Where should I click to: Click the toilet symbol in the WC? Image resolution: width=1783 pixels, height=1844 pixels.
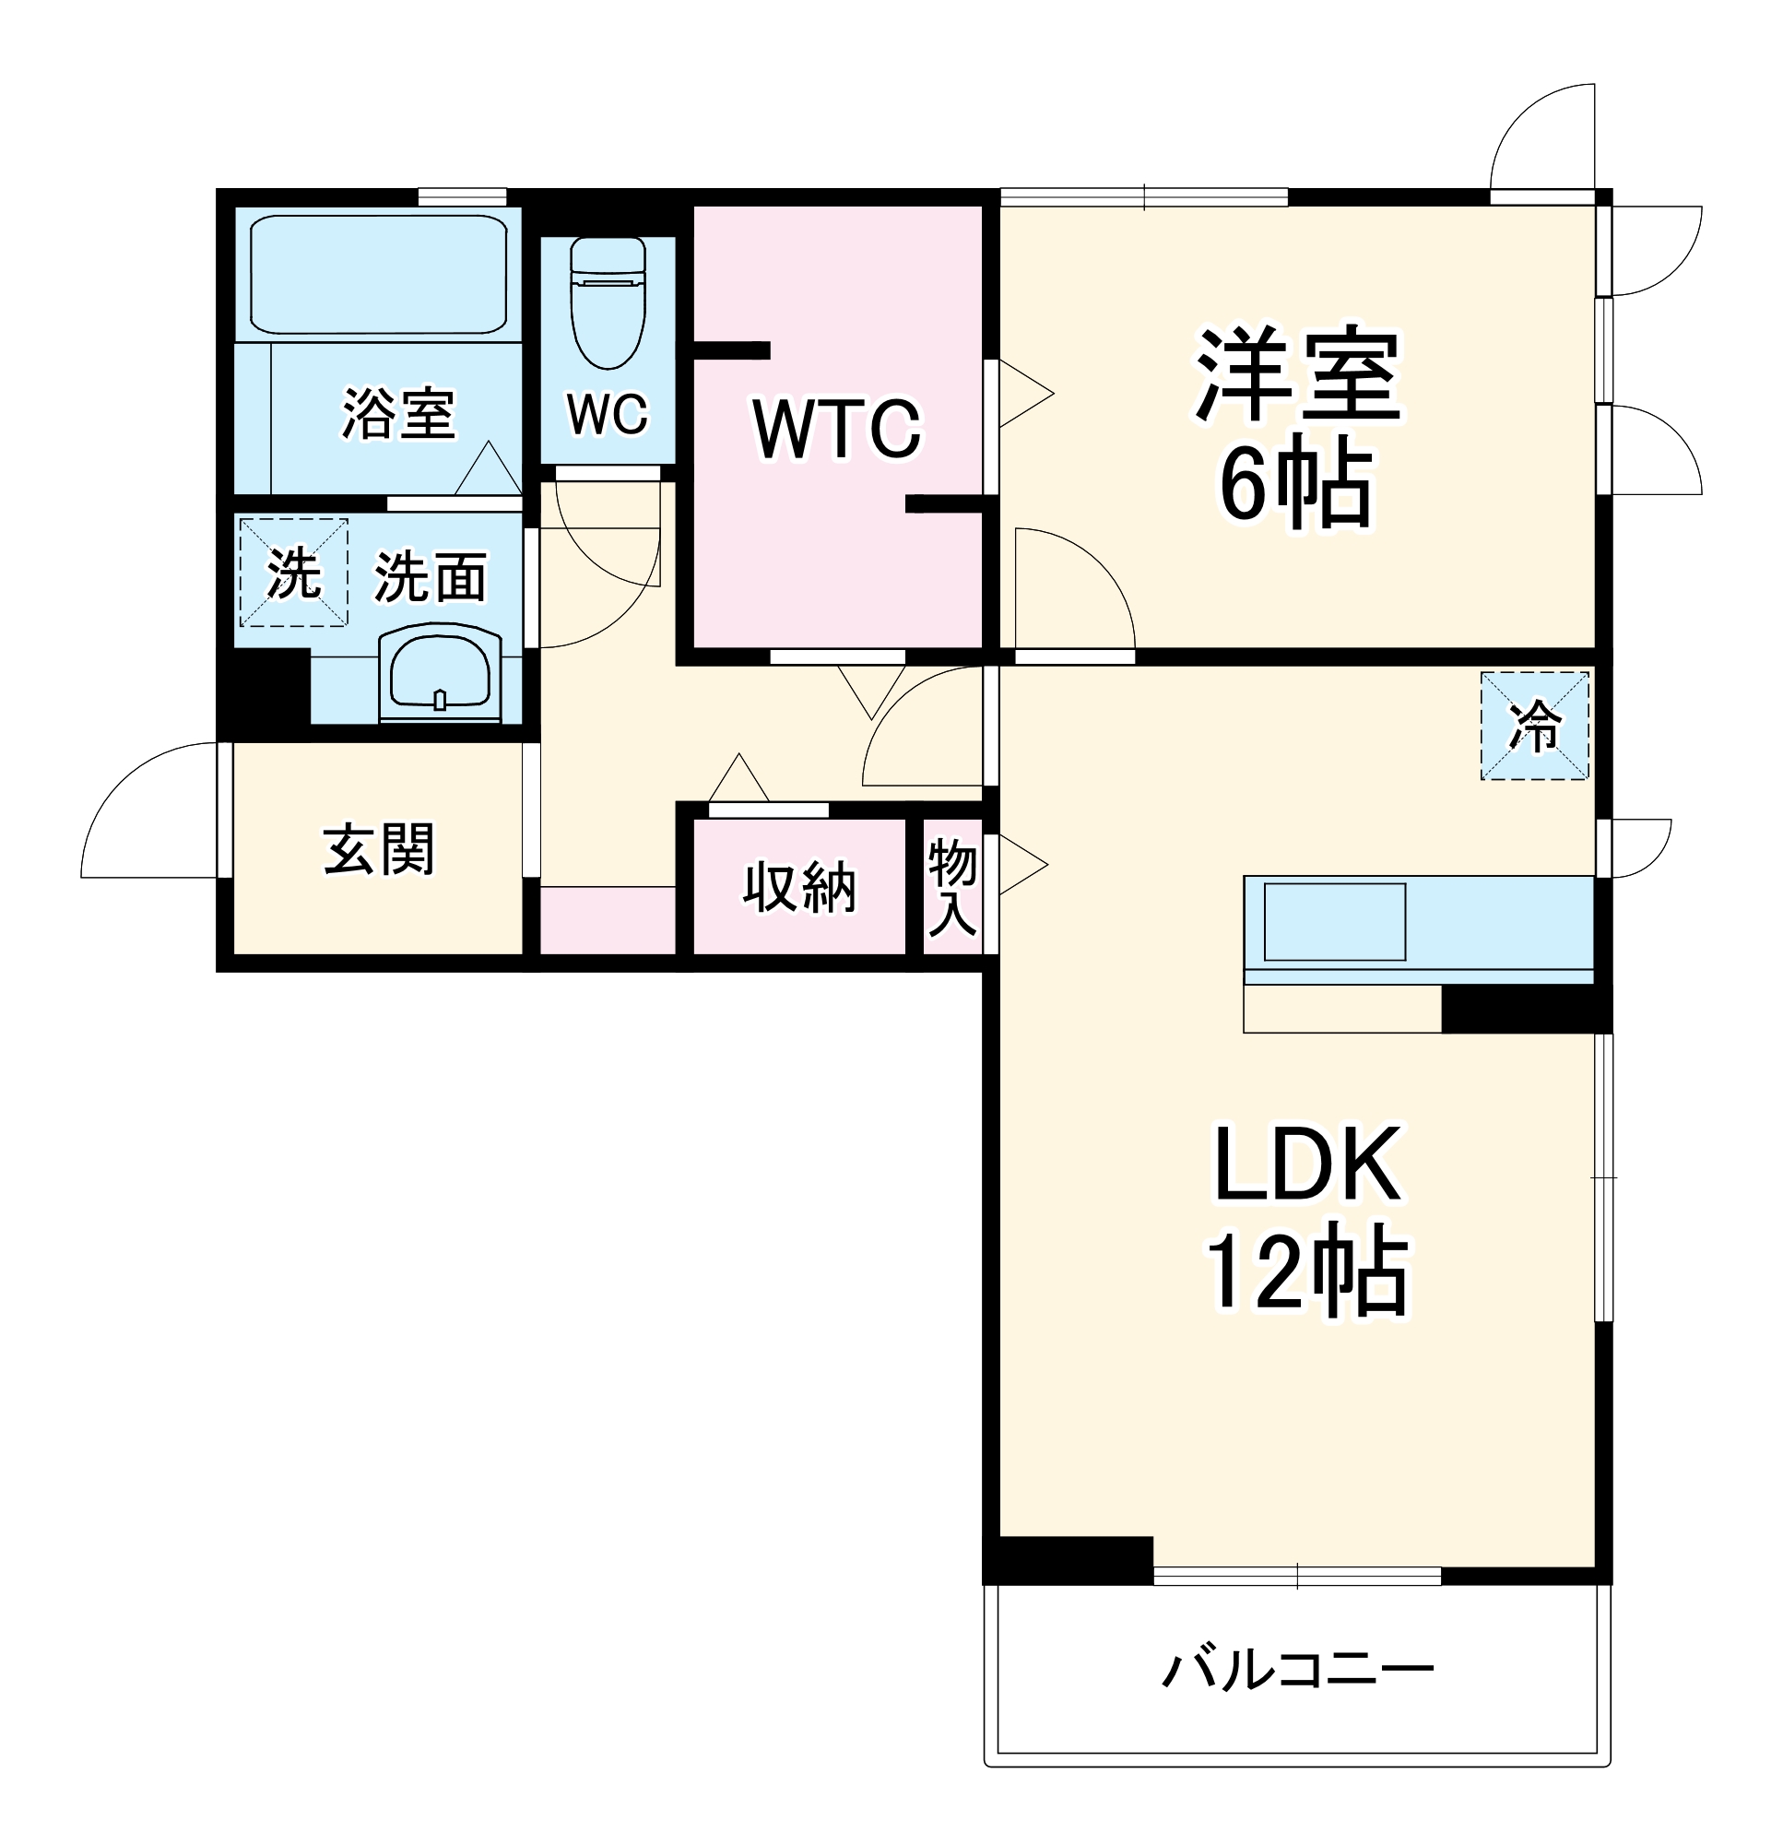coord(608,301)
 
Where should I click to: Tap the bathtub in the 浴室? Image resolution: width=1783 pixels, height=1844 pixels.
coord(378,274)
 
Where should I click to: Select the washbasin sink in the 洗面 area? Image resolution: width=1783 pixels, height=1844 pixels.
coord(440,672)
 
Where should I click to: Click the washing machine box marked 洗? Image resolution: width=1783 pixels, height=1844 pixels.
coord(293,573)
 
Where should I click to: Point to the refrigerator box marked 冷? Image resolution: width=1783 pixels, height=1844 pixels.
coord(1535,726)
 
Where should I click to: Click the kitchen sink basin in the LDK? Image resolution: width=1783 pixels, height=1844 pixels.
coord(1334,921)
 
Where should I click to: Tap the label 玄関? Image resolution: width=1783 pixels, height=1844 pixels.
coord(378,849)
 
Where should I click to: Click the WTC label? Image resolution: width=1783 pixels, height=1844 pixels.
coord(837,429)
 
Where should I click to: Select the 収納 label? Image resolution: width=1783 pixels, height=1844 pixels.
coord(799,887)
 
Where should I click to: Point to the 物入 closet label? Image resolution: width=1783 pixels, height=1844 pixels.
coord(952,888)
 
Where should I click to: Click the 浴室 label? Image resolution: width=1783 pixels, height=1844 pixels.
coord(398,413)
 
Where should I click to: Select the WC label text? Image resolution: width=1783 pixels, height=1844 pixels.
coord(607,413)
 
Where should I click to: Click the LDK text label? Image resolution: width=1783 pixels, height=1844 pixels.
coord(1308,1164)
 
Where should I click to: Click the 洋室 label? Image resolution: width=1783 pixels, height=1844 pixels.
coord(1298,373)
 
